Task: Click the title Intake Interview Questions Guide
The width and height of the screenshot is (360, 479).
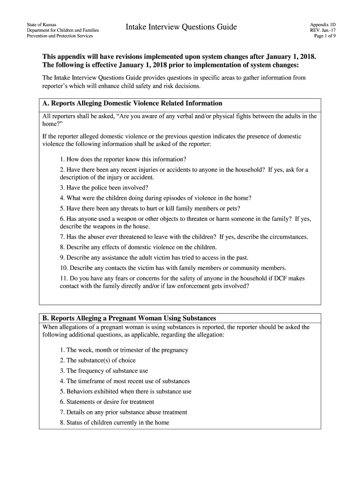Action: click(181, 28)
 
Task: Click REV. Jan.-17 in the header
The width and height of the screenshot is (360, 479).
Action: click(323, 29)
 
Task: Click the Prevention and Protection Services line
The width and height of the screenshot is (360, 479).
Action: click(60, 36)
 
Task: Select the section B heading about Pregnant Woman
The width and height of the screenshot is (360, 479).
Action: click(129, 318)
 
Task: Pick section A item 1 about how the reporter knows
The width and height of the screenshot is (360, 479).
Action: click(123, 159)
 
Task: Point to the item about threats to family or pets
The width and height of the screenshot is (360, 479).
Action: click(150, 208)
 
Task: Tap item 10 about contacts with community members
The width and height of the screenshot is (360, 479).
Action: click(173, 268)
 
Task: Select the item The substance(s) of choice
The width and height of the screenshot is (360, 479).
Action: click(98, 360)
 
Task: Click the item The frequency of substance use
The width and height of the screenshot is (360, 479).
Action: click(104, 370)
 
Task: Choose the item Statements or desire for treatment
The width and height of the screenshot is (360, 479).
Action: click(107, 401)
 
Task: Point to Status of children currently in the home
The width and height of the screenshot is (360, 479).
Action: click(115, 422)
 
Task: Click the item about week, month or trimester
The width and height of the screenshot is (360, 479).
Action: click(124, 350)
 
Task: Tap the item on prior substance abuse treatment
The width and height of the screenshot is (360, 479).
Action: click(123, 412)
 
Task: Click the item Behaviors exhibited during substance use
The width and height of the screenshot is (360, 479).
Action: click(126, 391)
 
